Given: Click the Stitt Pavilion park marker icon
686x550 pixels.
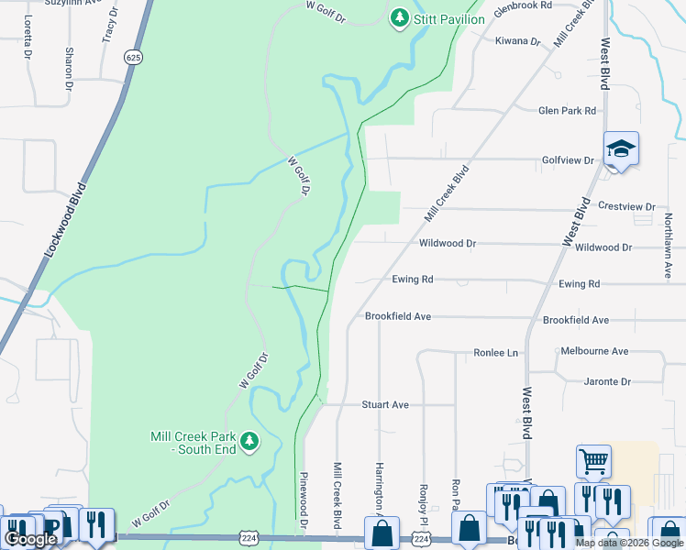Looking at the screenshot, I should tap(399, 17).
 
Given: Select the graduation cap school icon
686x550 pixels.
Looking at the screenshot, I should tap(621, 149).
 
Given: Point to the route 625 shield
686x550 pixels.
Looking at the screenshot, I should tap(135, 57).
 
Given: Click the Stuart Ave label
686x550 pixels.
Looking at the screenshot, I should tap(385, 404).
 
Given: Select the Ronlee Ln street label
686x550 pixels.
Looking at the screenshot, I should tap(495, 353).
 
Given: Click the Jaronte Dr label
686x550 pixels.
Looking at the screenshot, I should tap(607, 381).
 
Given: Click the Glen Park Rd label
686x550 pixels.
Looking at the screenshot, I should tap(567, 111).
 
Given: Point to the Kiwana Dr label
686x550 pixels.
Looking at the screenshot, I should tap(517, 41).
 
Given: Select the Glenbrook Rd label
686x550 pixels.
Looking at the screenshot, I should tap(523, 5).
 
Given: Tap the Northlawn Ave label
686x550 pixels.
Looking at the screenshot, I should tap(668, 246).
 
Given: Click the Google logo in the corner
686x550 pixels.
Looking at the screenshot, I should tap(30, 540).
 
